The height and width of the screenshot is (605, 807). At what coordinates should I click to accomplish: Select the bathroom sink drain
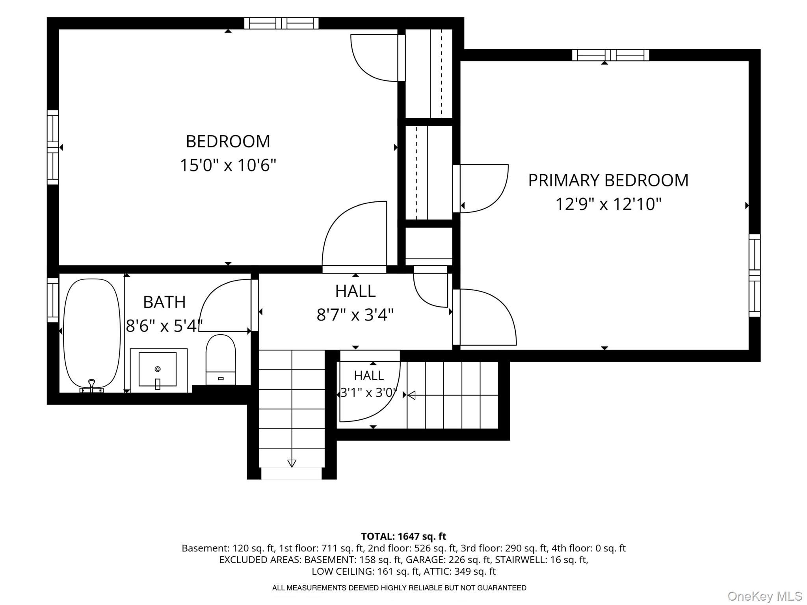click(x=158, y=369)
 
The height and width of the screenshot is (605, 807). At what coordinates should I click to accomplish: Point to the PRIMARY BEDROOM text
click(x=608, y=180)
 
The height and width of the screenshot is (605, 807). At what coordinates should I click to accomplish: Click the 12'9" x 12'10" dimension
click(x=608, y=204)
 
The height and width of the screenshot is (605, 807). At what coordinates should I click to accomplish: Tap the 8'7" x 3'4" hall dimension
click(x=355, y=315)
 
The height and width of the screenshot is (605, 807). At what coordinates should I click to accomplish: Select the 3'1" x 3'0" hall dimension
click(x=368, y=393)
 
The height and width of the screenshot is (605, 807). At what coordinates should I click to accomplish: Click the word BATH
click(x=164, y=302)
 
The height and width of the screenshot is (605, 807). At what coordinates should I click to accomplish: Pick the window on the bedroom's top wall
click(x=281, y=23)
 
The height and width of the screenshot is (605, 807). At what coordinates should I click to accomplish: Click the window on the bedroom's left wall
click(x=53, y=147)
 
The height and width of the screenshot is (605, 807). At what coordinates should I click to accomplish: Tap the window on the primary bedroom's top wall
click(x=610, y=55)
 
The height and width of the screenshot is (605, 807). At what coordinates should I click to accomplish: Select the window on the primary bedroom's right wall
click(x=755, y=275)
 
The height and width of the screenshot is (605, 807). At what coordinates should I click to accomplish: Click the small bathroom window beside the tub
click(x=53, y=300)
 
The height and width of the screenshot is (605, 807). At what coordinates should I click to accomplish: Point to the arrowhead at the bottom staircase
click(x=292, y=463)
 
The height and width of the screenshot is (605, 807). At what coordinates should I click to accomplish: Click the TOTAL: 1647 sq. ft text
click(x=403, y=536)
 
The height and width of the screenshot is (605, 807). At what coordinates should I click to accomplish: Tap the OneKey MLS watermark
click(x=765, y=596)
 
